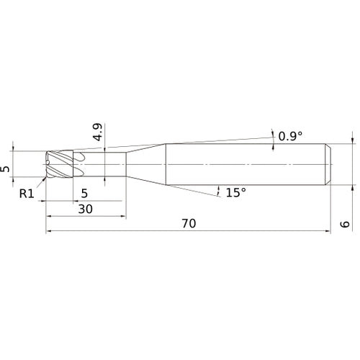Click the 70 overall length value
[x=189, y=223]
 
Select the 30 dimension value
[x=86, y=209]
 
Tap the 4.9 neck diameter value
[x=98, y=132]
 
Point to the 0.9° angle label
[x=290, y=136]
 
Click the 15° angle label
[x=236, y=192]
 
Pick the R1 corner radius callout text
[x=27, y=194]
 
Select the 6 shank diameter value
[x=345, y=224]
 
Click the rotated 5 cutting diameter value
[x=5, y=168]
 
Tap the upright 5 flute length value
[x=84, y=193]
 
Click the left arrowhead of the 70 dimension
[x=48, y=231]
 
